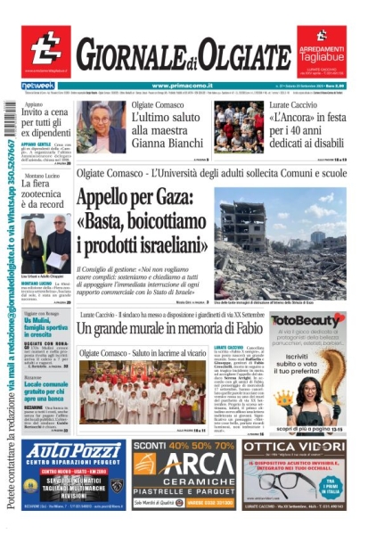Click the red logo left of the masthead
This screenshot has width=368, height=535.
pyautogui.click(x=45, y=50)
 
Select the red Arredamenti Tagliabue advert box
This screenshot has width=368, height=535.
pyautogui.click(x=321, y=51)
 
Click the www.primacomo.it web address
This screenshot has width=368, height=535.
pyautogui.click(x=184, y=86)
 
